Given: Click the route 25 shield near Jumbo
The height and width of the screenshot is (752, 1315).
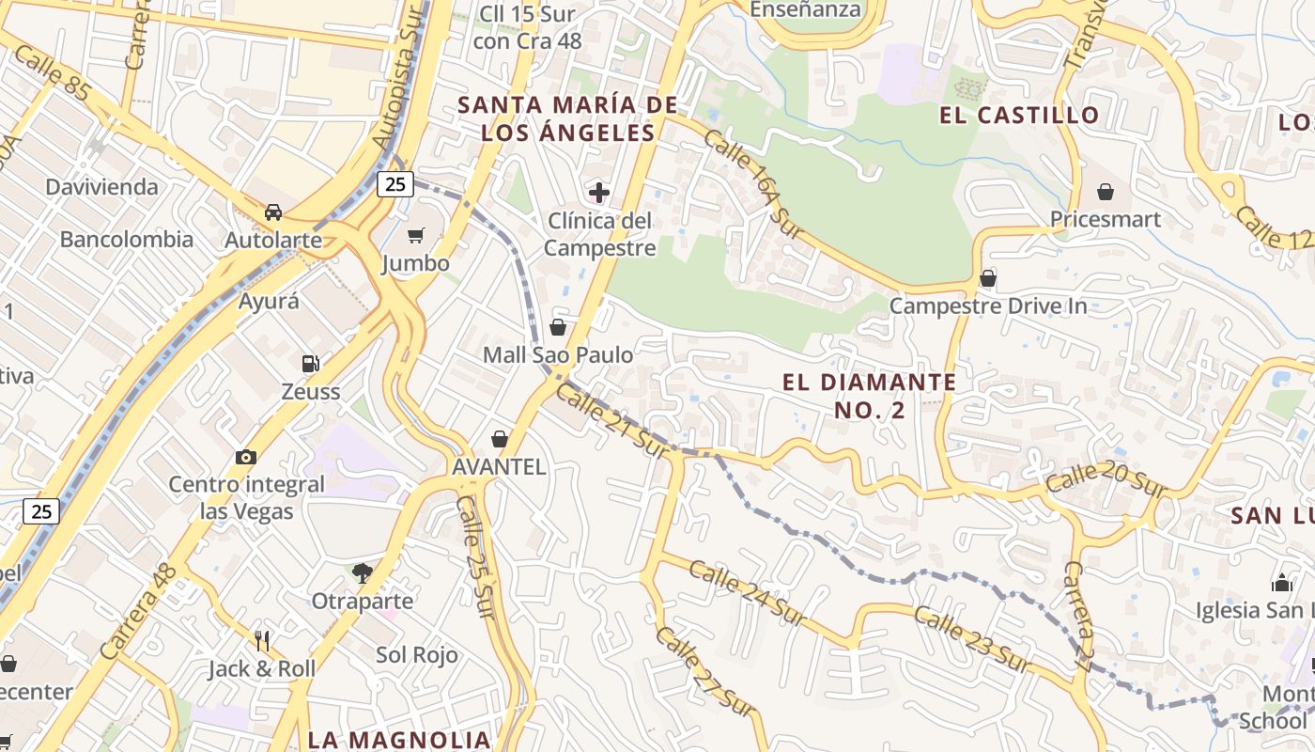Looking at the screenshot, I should click(395, 184).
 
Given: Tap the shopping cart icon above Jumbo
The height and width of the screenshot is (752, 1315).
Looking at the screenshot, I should click(416, 235).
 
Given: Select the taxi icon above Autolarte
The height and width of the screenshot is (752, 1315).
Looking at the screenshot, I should click(273, 211).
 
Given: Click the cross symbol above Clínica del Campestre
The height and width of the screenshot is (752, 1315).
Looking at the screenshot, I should click(599, 194).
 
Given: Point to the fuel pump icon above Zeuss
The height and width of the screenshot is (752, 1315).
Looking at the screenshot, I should click(310, 363).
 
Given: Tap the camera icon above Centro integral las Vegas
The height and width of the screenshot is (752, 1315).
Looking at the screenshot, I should click(246, 457).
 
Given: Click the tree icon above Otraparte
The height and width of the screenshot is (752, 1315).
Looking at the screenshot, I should click(362, 572).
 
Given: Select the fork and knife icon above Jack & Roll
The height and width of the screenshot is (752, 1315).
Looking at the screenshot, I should click(262, 641).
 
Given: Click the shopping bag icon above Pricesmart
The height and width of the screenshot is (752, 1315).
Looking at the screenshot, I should click(1106, 192).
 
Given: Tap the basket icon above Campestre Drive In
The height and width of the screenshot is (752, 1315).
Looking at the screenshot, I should click(987, 278).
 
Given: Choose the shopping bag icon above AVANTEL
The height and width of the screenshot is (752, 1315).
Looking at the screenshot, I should click(500, 439).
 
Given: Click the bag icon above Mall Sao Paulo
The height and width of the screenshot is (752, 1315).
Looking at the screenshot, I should click(558, 327).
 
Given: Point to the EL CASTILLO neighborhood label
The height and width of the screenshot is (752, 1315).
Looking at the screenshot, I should click(1019, 116).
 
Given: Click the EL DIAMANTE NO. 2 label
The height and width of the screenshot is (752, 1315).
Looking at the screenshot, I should click(869, 396).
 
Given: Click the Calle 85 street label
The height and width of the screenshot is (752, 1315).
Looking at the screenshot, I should click(53, 76).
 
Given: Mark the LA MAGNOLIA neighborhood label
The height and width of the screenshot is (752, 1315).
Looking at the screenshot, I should click(399, 739).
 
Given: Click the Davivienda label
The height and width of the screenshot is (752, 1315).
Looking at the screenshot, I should click(102, 187).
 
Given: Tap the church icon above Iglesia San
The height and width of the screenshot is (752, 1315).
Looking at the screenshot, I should click(1282, 583).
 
